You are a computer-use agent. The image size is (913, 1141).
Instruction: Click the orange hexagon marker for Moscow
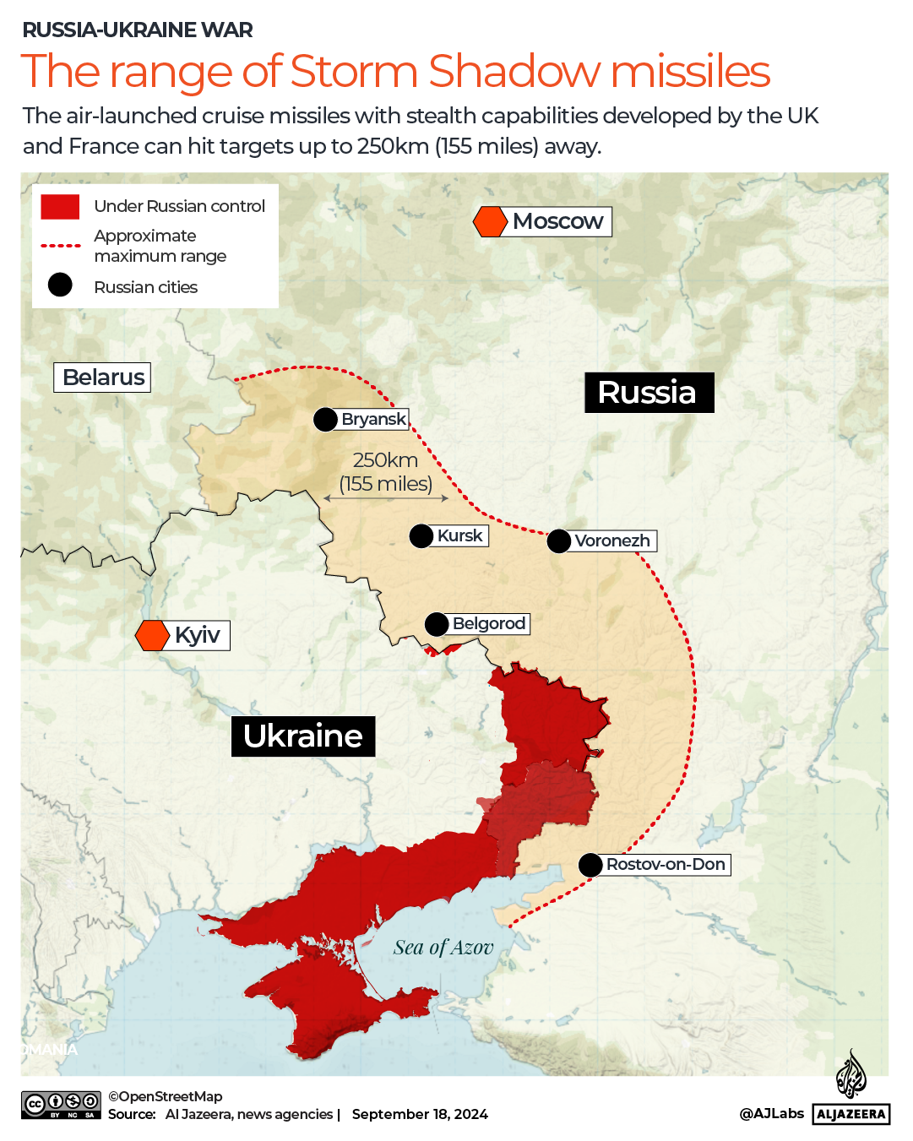[x=490, y=221]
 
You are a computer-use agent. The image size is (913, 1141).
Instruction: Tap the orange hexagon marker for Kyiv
[x=153, y=635]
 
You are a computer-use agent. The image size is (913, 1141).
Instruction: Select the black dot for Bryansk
[x=325, y=419]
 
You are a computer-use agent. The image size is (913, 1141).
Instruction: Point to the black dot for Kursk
[x=421, y=535]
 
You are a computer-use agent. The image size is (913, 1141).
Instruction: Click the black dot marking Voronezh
[x=559, y=541]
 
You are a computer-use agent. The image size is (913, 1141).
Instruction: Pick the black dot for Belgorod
[x=437, y=624]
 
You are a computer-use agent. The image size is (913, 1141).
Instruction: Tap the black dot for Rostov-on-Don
[x=590, y=865]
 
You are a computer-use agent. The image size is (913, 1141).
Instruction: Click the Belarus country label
[x=102, y=377]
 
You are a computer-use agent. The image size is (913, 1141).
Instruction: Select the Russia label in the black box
[x=649, y=393]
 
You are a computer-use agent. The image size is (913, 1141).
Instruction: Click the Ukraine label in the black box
[x=303, y=736]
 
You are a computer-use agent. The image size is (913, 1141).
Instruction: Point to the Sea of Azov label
[x=443, y=948]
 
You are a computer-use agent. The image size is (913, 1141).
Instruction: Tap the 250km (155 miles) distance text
[x=385, y=471]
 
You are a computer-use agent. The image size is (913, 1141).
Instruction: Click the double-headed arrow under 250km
[x=386, y=498]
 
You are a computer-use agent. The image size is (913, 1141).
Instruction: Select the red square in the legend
[x=60, y=206]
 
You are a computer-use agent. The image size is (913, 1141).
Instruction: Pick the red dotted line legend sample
[x=60, y=246]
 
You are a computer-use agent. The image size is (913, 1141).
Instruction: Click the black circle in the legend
[x=60, y=285]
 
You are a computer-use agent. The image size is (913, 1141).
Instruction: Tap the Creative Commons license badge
[x=61, y=1105]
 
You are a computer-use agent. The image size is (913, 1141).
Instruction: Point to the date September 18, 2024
[x=420, y=1114]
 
